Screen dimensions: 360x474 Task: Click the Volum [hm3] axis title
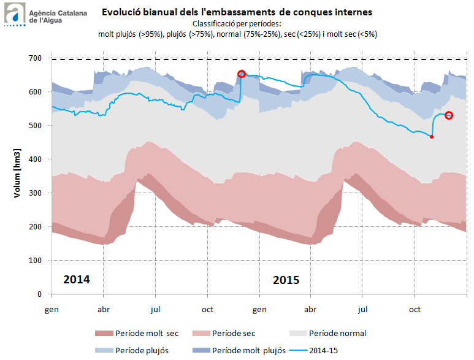(x=18, y=174)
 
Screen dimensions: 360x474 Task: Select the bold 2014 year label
(x=77, y=280)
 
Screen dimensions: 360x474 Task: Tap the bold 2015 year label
(x=286, y=280)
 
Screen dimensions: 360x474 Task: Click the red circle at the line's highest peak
(x=242, y=74)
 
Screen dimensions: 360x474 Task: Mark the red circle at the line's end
(x=449, y=115)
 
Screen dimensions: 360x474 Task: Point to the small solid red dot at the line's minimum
(x=432, y=137)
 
